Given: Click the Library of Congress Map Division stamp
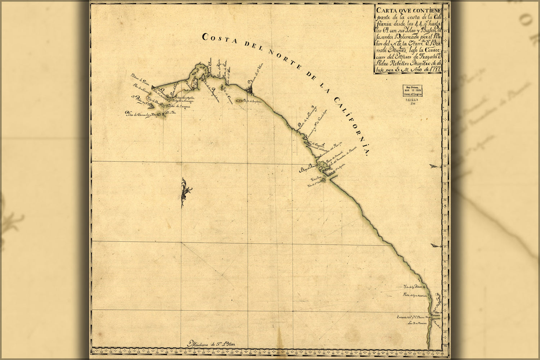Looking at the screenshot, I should click(412, 90).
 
